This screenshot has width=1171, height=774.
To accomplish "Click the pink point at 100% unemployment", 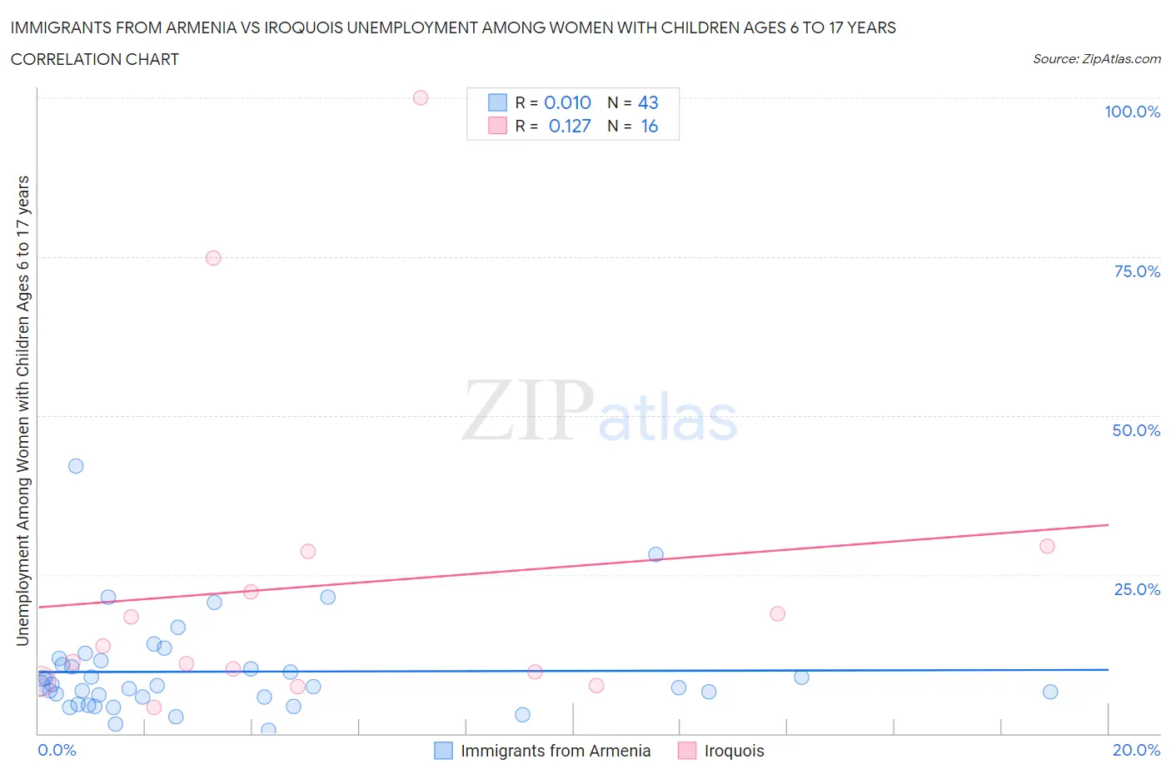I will point(421,98).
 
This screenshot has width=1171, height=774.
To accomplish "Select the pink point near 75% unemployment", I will point(213,258).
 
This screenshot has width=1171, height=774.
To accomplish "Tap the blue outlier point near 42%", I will point(76,466).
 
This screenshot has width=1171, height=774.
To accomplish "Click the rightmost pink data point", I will point(1047,546).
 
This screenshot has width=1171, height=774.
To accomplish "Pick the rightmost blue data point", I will point(1050,692).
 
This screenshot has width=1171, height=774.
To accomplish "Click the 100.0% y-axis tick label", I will point(1132,112).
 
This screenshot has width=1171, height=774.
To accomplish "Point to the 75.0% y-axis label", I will point(1137,271).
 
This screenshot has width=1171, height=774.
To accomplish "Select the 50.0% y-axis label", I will point(1136,430).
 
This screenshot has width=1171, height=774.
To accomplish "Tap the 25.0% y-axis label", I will point(1137,589).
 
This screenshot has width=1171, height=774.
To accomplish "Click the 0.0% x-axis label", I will point(57,750).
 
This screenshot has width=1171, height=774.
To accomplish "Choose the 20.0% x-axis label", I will point(1136,750).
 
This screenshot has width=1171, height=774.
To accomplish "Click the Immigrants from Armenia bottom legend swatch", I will point(444,751).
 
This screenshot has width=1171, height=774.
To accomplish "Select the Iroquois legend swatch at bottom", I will point(687,751).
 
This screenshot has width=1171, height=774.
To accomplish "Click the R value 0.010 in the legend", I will point(567,102).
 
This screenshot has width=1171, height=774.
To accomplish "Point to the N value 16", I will point(649,126).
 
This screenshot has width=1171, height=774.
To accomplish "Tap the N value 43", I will point(648,102).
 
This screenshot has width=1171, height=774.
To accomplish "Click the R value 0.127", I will point(570,126).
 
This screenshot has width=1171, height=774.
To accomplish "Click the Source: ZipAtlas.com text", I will point(1096,59).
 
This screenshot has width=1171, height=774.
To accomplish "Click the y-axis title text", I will point(23,410).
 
